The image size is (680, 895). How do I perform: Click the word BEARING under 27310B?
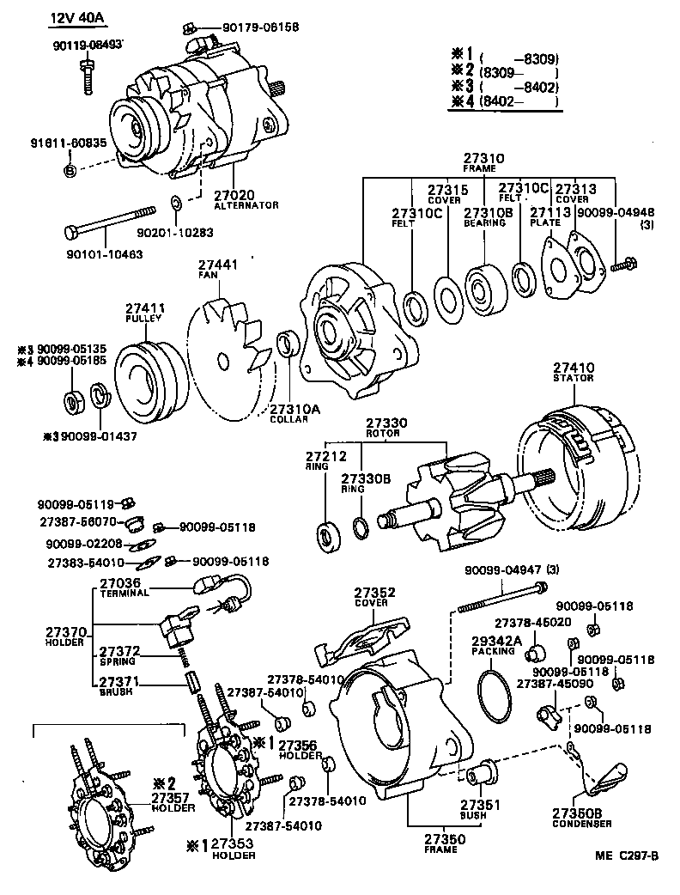click(484, 223)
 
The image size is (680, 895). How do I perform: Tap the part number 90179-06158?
click(261, 27)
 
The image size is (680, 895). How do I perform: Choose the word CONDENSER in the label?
click(581, 824)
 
